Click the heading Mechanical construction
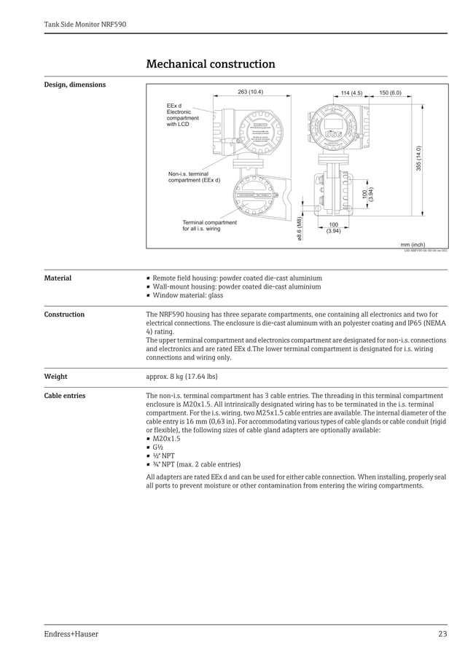[x=211, y=64]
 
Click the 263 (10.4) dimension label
[x=251, y=93]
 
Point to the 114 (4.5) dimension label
[x=351, y=93]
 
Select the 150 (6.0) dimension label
[x=390, y=93]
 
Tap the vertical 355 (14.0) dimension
[x=418, y=158]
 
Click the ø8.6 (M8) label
[x=299, y=228]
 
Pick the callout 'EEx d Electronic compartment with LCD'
[x=183, y=115]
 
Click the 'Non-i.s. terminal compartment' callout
[x=194, y=177]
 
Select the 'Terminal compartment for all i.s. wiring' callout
[x=209, y=225]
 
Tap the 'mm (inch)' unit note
[x=413, y=245]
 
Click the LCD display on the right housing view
[x=334, y=124]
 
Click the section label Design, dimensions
[x=74, y=85]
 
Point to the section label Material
[x=58, y=278]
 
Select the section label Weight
[x=55, y=377]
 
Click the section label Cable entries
[x=64, y=396]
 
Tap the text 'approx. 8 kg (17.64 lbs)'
[x=181, y=377]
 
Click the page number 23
[x=442, y=634]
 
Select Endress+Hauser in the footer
[x=71, y=634]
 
